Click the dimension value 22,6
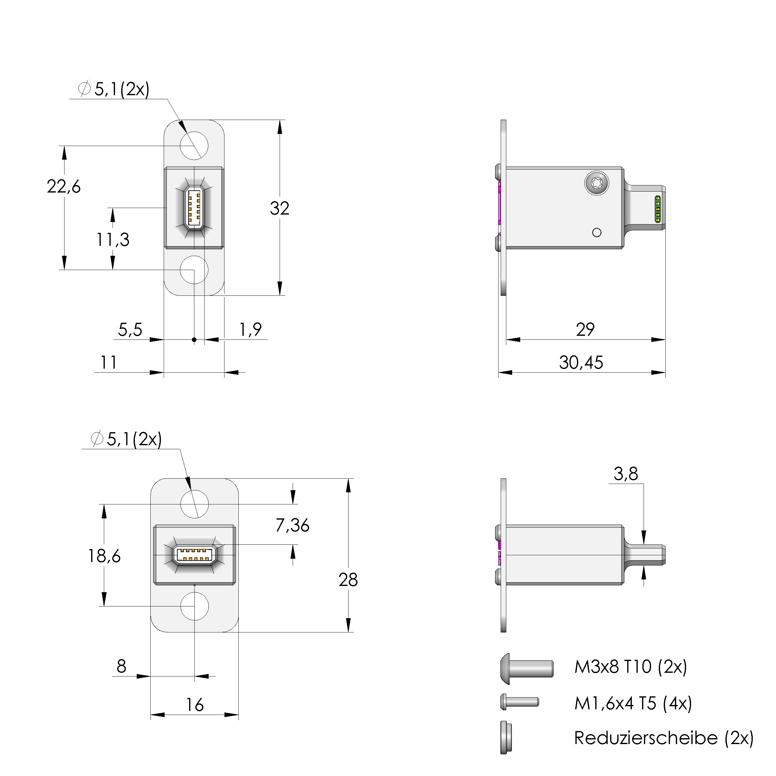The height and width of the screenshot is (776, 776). coord(64,187)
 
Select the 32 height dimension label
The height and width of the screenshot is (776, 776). coord(279,208)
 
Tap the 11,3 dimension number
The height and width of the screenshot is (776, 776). coord(113,240)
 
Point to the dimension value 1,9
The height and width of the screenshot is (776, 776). coord(250,330)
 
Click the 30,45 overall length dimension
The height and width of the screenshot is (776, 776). coord(581,363)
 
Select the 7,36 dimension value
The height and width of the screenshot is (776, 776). coord(292,525)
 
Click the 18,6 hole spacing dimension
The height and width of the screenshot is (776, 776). coord(104,556)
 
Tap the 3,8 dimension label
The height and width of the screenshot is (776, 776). coord(626,474)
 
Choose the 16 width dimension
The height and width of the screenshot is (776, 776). coord(195,705)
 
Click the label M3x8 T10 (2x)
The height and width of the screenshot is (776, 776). coord(631,667)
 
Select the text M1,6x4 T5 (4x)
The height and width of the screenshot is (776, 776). coord(633,703)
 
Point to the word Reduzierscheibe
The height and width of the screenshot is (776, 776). coord(645,738)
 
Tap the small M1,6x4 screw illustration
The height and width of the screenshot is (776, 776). coord(519,702)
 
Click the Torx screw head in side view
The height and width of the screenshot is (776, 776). coord(596,184)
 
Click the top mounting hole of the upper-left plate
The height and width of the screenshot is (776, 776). coord(194,145)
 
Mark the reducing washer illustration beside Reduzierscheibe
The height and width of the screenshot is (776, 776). coord(506,738)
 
